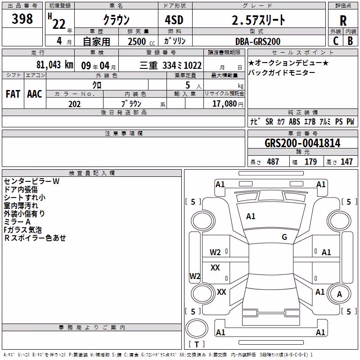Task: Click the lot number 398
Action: pos(22,19)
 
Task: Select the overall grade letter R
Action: pos(343,21)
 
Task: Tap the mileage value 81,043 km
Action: pos(55,65)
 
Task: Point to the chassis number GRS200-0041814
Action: pos(302,143)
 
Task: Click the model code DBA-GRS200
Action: pos(258,41)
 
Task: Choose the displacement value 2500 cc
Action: pos(141,41)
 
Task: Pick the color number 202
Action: pos(74,104)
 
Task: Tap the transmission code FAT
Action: pos(13,94)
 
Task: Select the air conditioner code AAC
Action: pos(35,94)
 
